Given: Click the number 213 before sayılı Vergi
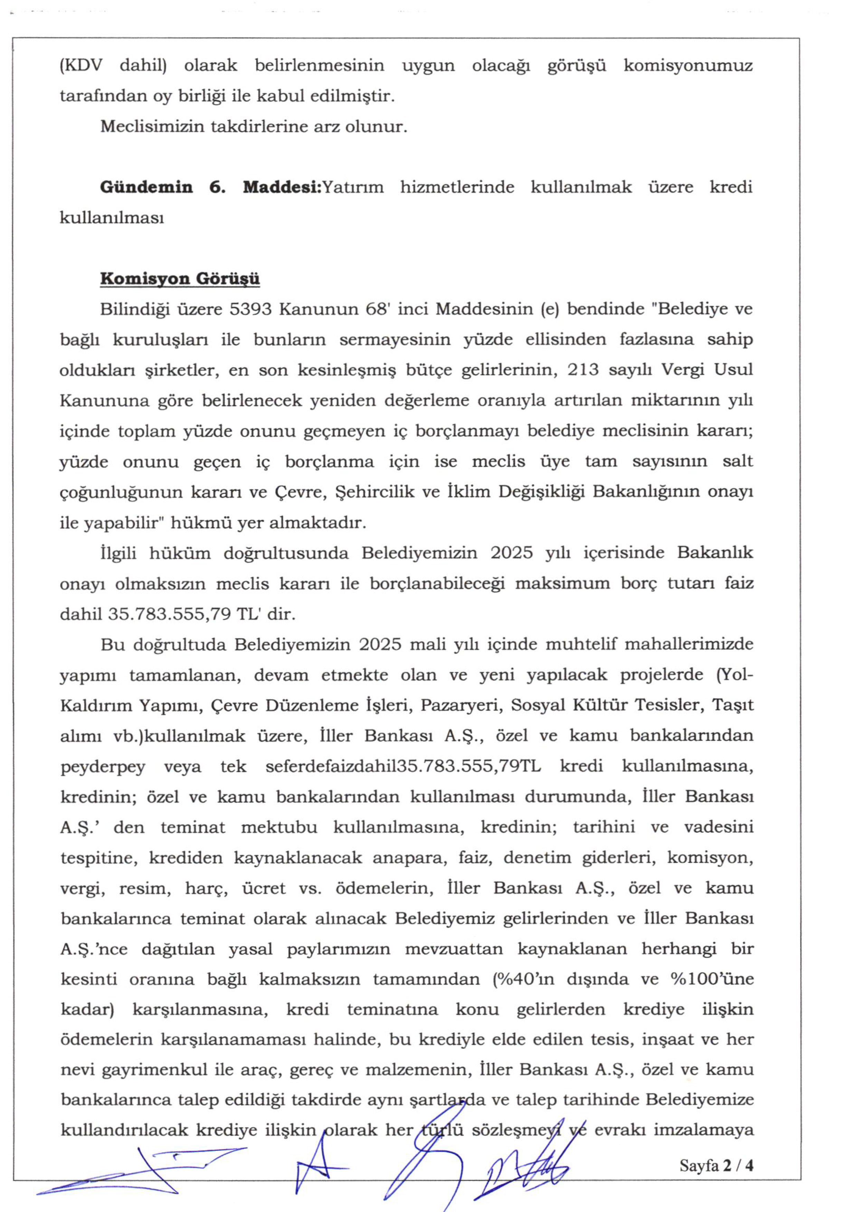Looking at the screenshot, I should (583, 370).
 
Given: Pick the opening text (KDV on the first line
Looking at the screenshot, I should (81, 66).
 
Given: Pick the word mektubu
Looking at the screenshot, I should (279, 827).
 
